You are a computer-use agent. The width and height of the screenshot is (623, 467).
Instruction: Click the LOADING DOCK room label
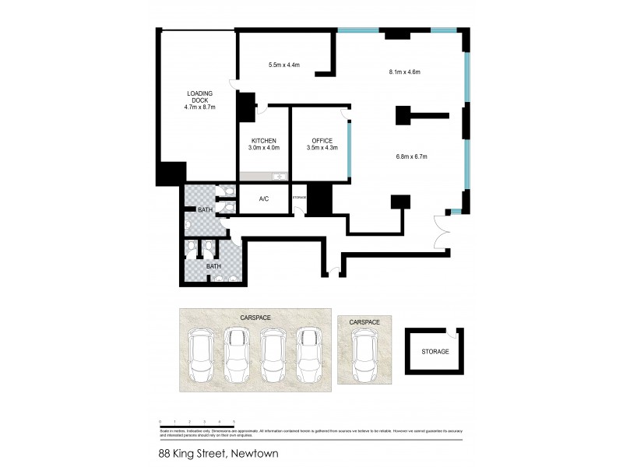pyautogui.click(x=199, y=100)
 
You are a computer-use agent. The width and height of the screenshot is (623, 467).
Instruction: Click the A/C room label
pyautogui.click(x=264, y=199)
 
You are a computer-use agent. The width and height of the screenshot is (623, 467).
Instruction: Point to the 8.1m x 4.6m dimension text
pyautogui.click(x=404, y=72)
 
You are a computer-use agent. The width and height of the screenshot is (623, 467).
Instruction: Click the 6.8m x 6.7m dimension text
pyautogui.click(x=412, y=156)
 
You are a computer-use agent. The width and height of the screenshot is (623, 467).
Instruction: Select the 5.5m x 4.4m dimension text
pyautogui.click(x=284, y=65)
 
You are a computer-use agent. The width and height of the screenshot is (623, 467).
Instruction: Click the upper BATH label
pyautogui.click(x=204, y=210)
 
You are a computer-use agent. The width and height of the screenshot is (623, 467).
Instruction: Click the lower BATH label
pyautogui.click(x=213, y=266)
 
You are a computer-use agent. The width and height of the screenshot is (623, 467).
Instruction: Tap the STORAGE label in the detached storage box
pyautogui.click(x=435, y=352)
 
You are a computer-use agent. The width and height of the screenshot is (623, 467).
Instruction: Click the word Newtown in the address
pyautogui.click(x=254, y=453)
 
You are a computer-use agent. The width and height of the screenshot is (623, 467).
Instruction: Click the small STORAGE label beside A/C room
pyautogui.click(x=300, y=198)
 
